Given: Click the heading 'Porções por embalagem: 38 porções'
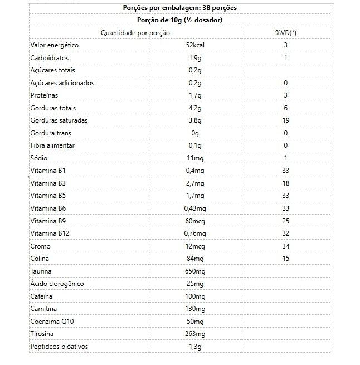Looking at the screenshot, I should click(179, 8).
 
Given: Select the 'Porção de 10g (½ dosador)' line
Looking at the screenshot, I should click(179, 20).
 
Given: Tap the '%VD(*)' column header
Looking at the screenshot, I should click(285, 33).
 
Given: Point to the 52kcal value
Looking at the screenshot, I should click(195, 45).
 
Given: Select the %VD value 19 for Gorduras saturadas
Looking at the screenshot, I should click(285, 120).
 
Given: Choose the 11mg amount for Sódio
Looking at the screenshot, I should click(195, 158).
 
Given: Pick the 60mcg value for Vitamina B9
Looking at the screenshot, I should click(195, 221).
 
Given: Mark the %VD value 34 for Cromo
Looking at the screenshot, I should click(285, 246).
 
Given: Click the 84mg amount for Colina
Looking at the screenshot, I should click(195, 259).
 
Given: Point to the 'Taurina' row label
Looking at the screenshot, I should click(41, 271).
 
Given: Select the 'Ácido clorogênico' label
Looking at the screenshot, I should click(57, 284).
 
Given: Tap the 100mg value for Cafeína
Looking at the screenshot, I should click(195, 296).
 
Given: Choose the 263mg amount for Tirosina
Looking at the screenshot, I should click(195, 334).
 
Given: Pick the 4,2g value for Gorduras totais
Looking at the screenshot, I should click(195, 108).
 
